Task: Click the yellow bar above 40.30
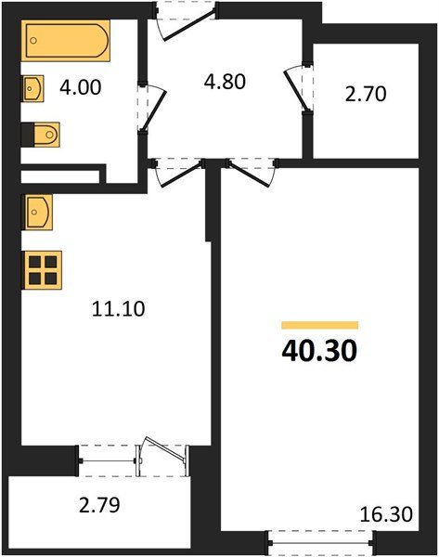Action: click(x=319, y=325)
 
